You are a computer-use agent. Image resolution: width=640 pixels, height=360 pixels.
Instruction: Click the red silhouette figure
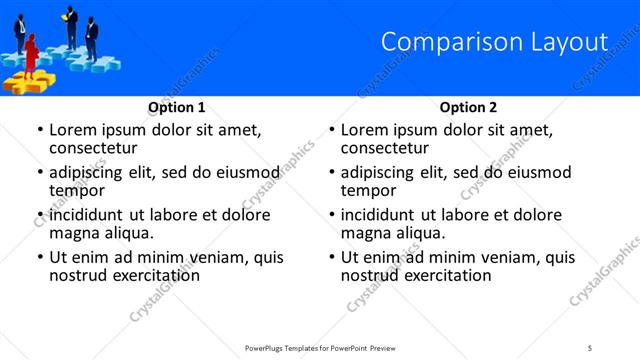31,53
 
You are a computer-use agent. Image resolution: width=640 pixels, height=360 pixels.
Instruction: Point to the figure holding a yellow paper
71,26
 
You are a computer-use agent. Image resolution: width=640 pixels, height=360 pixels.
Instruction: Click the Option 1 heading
177,107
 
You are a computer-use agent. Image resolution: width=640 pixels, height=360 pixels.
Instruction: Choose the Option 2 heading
468,107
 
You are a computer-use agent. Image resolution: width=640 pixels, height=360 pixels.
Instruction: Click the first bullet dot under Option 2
332,130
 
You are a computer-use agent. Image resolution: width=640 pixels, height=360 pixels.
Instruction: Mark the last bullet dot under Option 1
40,257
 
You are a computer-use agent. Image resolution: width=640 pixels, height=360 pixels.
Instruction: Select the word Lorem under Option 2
365,130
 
